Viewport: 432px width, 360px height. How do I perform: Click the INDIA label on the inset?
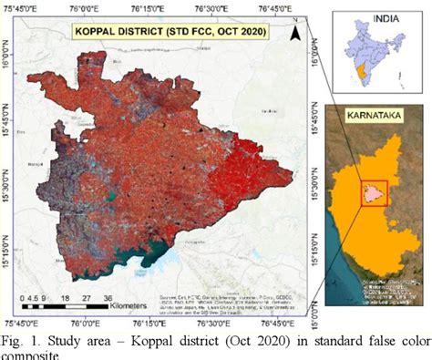[x=374, y=17]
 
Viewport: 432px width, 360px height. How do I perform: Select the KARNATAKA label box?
[x=375, y=118]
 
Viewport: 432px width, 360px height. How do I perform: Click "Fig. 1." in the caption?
[x=18, y=340]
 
